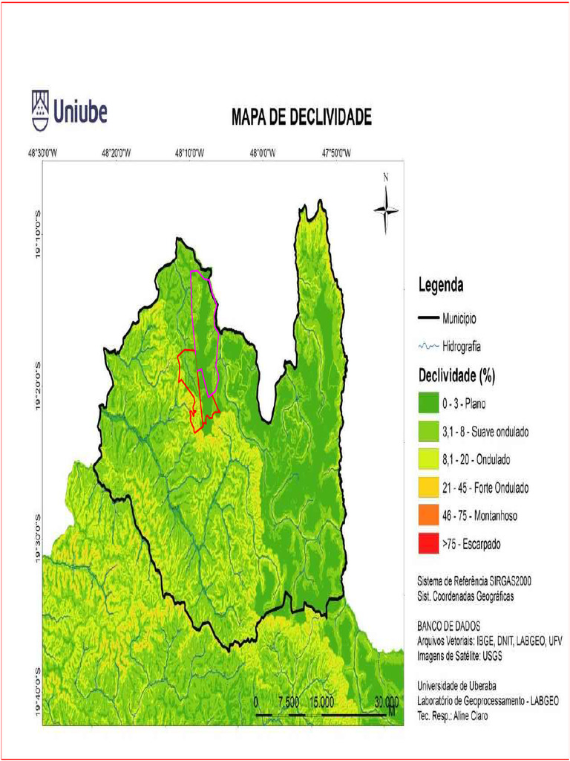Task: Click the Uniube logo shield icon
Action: click(40, 111)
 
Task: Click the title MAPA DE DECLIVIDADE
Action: click(301, 118)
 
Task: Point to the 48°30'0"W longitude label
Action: click(43, 153)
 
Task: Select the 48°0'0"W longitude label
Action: click(262, 153)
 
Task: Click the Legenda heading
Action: click(441, 285)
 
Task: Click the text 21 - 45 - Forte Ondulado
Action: click(485, 488)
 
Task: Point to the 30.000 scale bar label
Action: click(387, 702)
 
